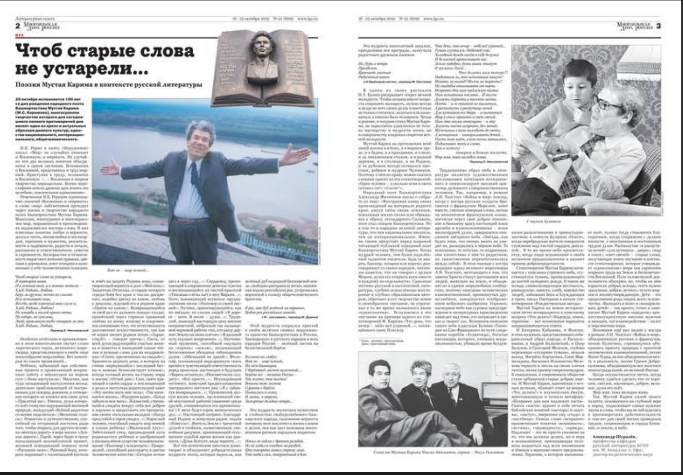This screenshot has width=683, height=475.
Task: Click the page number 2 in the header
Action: tap(18, 26)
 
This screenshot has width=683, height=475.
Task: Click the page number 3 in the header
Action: tap(659, 26)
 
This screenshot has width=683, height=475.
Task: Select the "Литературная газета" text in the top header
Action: tap(33, 19)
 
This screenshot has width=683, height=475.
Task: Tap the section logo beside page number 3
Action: tap(633, 26)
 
